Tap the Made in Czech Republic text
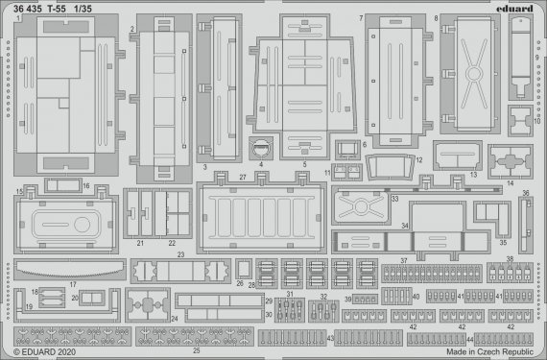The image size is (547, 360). click(490, 352)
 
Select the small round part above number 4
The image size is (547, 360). click(260, 149)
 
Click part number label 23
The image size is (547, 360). click(179, 254)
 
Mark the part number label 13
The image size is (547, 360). click(472, 176)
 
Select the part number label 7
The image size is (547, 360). click(361, 18)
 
